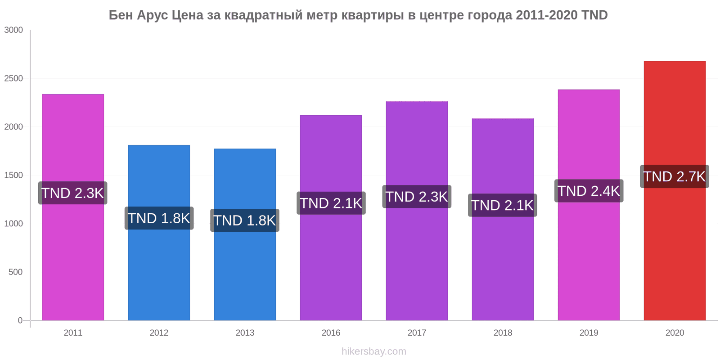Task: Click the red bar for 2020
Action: coord(675,191)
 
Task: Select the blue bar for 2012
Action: coord(159,233)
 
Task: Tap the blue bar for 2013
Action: coord(245,234)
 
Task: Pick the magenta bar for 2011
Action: coord(73,207)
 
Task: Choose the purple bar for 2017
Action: coord(417,211)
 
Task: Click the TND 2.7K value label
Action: coord(675,176)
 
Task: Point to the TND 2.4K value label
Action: coord(589,191)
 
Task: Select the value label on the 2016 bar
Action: coord(331,203)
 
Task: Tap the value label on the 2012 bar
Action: coord(159,218)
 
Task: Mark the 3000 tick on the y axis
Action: coord(13,30)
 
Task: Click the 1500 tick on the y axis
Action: coord(13,175)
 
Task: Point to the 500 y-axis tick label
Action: coord(15,272)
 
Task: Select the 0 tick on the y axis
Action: coord(20,320)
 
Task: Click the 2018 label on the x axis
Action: coord(503,333)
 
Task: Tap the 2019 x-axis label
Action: coord(589,333)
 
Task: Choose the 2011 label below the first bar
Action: coord(73,333)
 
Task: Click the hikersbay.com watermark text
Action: coord(374,351)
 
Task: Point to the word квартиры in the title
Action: coord(373,15)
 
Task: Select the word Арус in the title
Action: coord(153,15)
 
